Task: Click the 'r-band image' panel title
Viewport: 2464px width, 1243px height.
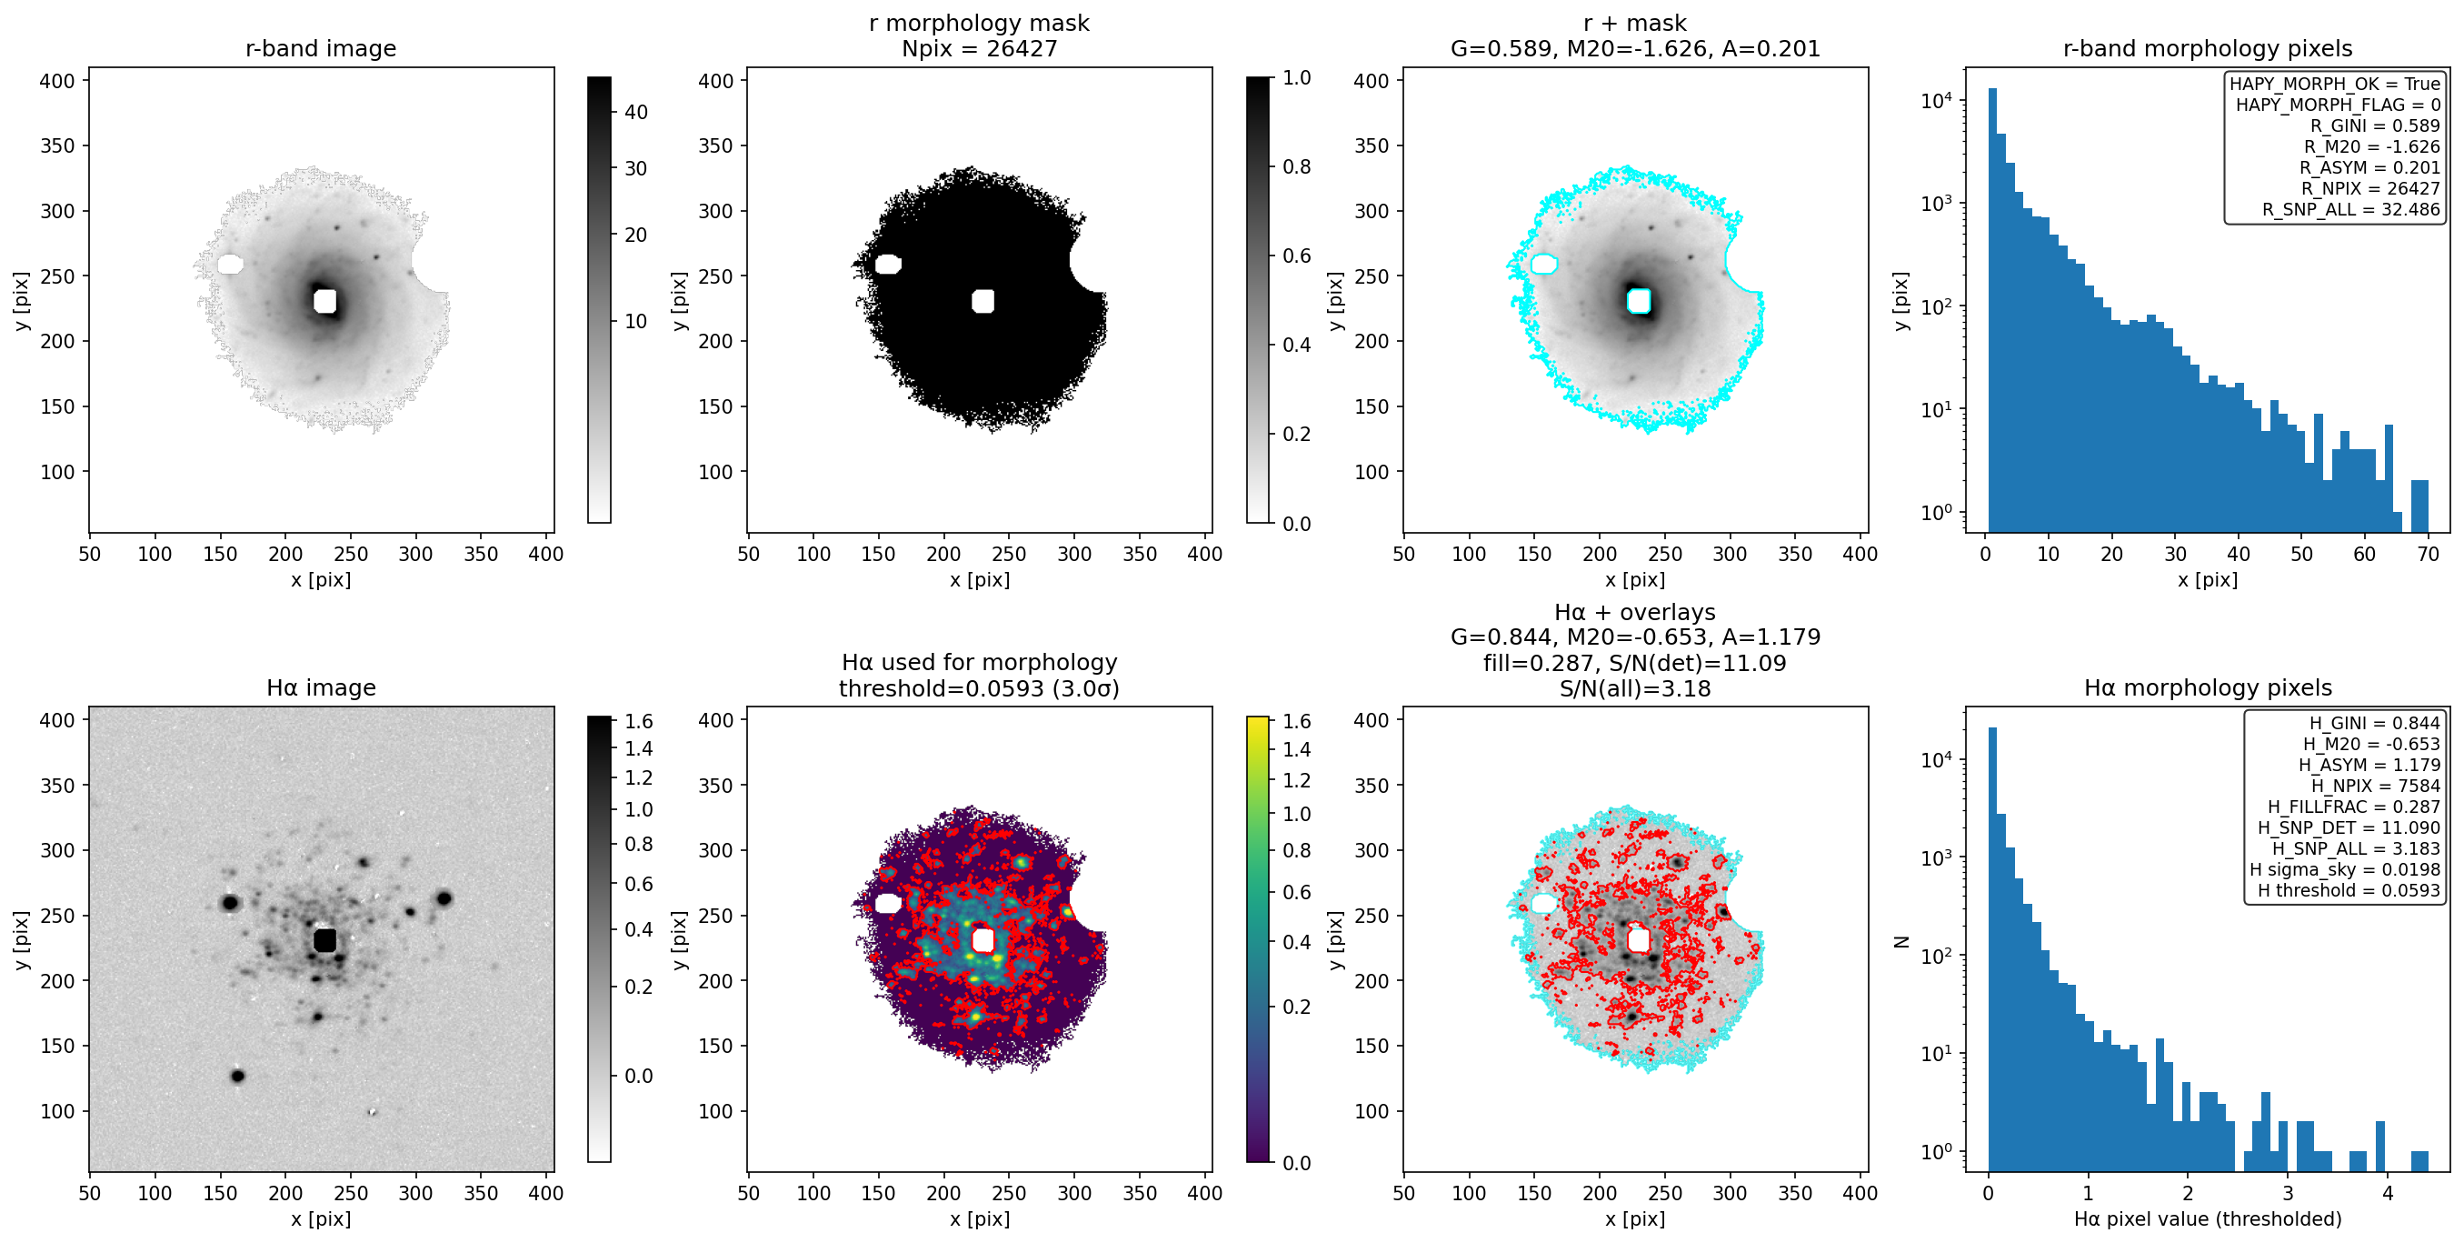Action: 321,49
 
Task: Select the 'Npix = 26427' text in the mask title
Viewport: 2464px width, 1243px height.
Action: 980,49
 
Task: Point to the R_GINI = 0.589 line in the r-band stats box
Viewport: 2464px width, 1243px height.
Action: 2375,125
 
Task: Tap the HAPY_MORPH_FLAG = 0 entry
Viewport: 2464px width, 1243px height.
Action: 2338,105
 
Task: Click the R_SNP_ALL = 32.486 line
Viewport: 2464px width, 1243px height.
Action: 2351,209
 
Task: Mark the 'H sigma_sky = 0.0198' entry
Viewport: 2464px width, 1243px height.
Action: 2344,870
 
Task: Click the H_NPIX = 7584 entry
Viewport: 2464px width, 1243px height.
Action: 2376,786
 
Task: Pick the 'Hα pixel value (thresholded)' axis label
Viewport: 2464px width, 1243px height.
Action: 2208,1219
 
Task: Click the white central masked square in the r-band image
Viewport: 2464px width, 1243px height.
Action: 325,300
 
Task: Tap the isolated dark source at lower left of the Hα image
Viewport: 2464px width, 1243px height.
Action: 237,1077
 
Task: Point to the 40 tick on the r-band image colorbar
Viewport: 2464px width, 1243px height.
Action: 636,112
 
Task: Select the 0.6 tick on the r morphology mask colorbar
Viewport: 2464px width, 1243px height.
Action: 1297,256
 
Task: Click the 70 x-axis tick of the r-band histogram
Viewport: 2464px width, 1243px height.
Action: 2428,554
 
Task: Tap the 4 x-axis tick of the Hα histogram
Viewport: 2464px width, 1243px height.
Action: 2388,1193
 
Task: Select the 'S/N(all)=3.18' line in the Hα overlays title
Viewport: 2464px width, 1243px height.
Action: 1635,689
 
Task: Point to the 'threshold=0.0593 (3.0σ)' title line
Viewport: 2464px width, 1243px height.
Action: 980,689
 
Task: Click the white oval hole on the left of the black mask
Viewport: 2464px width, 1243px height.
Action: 888,264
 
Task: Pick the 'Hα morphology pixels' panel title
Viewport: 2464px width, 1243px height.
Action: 2208,688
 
